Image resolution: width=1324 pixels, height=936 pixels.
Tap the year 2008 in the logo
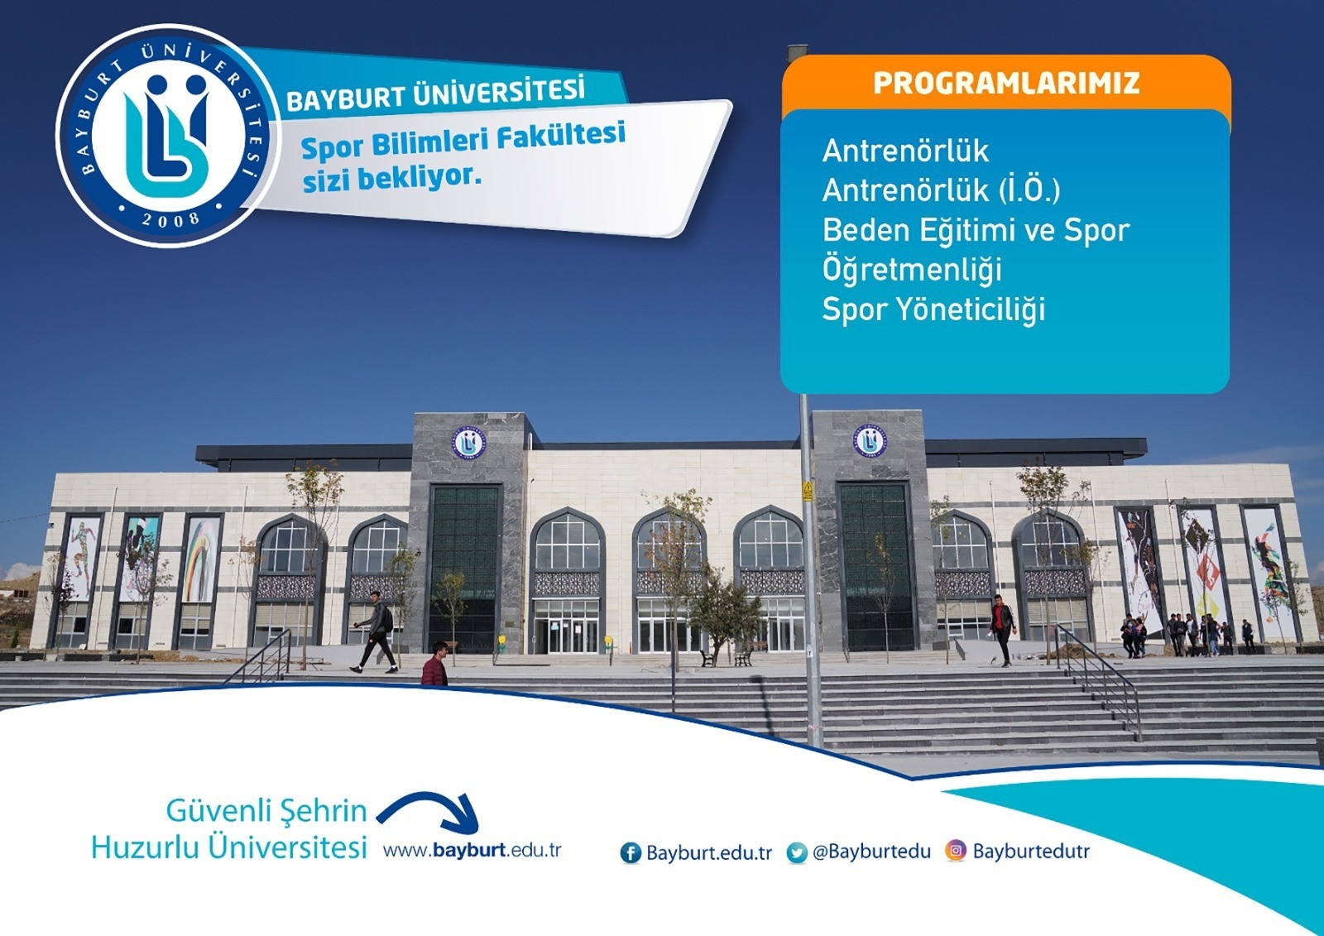point(170,218)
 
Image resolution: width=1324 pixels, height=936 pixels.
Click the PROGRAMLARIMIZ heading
point(1006,84)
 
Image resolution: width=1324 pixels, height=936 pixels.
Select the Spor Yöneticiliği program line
point(933,310)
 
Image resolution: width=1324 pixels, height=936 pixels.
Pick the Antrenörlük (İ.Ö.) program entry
point(941,190)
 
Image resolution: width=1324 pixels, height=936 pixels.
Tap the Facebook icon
point(631,852)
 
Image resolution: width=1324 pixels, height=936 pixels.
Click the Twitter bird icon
point(797,852)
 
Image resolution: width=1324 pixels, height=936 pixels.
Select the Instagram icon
point(956,851)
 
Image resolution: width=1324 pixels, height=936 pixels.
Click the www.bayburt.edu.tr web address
point(472,851)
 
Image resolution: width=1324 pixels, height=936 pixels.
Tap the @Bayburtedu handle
point(871,852)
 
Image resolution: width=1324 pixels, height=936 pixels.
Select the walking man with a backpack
point(377,631)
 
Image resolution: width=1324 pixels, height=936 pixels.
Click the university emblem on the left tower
point(468,443)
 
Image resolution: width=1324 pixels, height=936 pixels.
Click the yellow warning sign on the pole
point(808,491)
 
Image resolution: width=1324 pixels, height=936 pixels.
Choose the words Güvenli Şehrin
point(266,810)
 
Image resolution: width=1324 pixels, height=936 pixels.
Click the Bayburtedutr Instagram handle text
point(1031,852)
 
